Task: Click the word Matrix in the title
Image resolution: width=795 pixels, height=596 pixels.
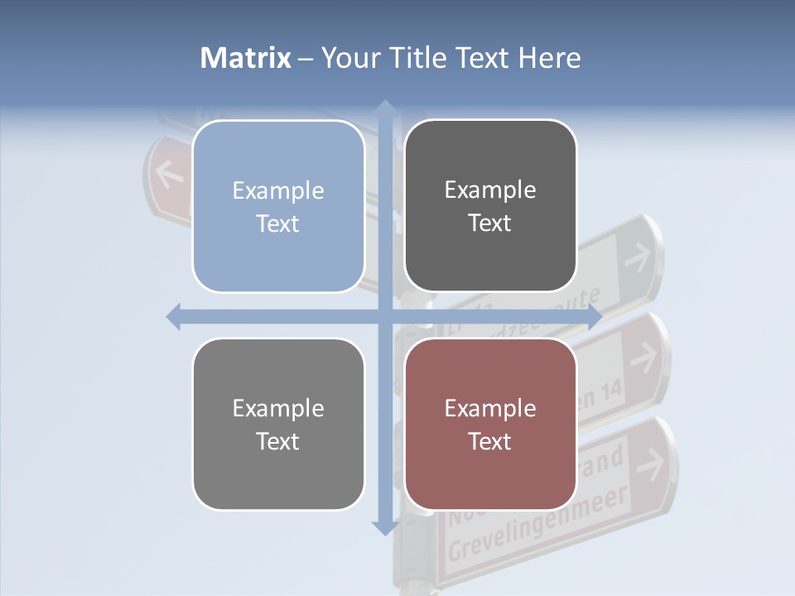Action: click(246, 58)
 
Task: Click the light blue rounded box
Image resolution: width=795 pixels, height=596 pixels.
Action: click(278, 206)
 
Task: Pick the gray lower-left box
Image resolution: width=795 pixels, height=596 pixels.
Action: click(278, 424)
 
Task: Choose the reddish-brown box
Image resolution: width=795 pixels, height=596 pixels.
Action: click(490, 424)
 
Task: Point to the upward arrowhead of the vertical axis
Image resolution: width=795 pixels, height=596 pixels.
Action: click(384, 108)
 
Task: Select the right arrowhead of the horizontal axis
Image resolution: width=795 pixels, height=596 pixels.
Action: click(594, 316)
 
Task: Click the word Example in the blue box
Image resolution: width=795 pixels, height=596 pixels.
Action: click(278, 190)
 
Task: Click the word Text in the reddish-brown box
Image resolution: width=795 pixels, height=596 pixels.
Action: click(490, 441)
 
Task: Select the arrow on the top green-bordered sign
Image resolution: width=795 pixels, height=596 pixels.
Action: click(637, 257)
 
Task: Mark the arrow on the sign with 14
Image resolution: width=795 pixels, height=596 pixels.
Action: click(643, 358)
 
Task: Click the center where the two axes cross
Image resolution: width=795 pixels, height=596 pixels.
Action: click(384, 316)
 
